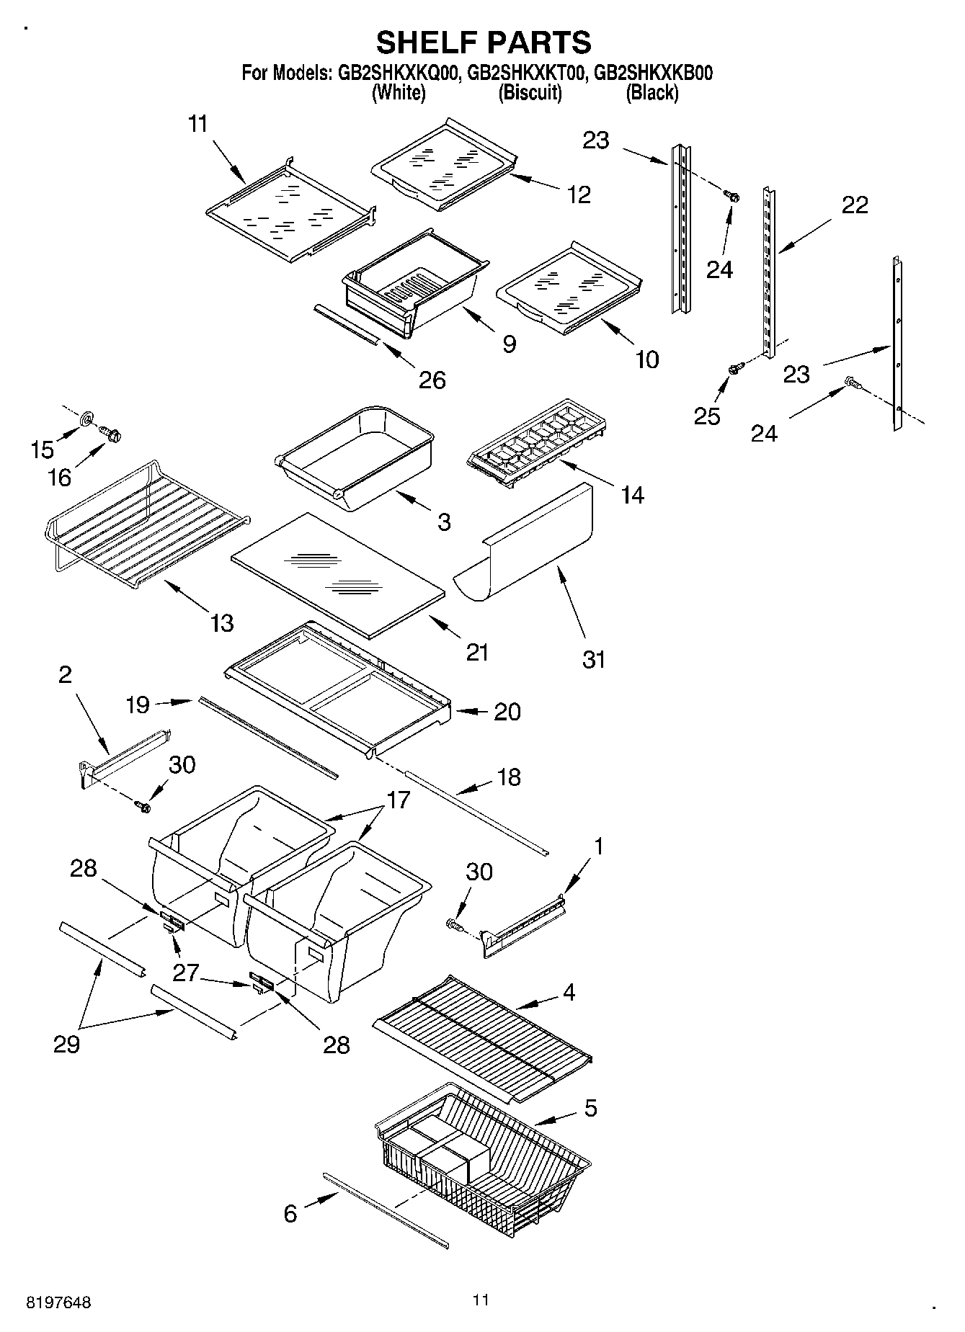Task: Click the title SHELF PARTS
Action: tap(484, 43)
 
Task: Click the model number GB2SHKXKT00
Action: tap(526, 73)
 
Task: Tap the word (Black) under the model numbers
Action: tap(652, 92)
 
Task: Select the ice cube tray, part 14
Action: tap(537, 443)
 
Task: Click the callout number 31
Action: tap(594, 658)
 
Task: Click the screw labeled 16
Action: tap(112, 434)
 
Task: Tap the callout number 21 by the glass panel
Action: tap(477, 652)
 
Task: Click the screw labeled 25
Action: tap(734, 368)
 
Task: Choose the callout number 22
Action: tap(855, 205)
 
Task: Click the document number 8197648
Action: tap(59, 1302)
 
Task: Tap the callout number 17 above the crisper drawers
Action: tap(398, 800)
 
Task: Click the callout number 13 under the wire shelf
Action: tap(221, 622)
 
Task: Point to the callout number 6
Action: tap(290, 1214)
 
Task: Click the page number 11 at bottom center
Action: tap(481, 1300)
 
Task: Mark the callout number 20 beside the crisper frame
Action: tap(507, 712)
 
